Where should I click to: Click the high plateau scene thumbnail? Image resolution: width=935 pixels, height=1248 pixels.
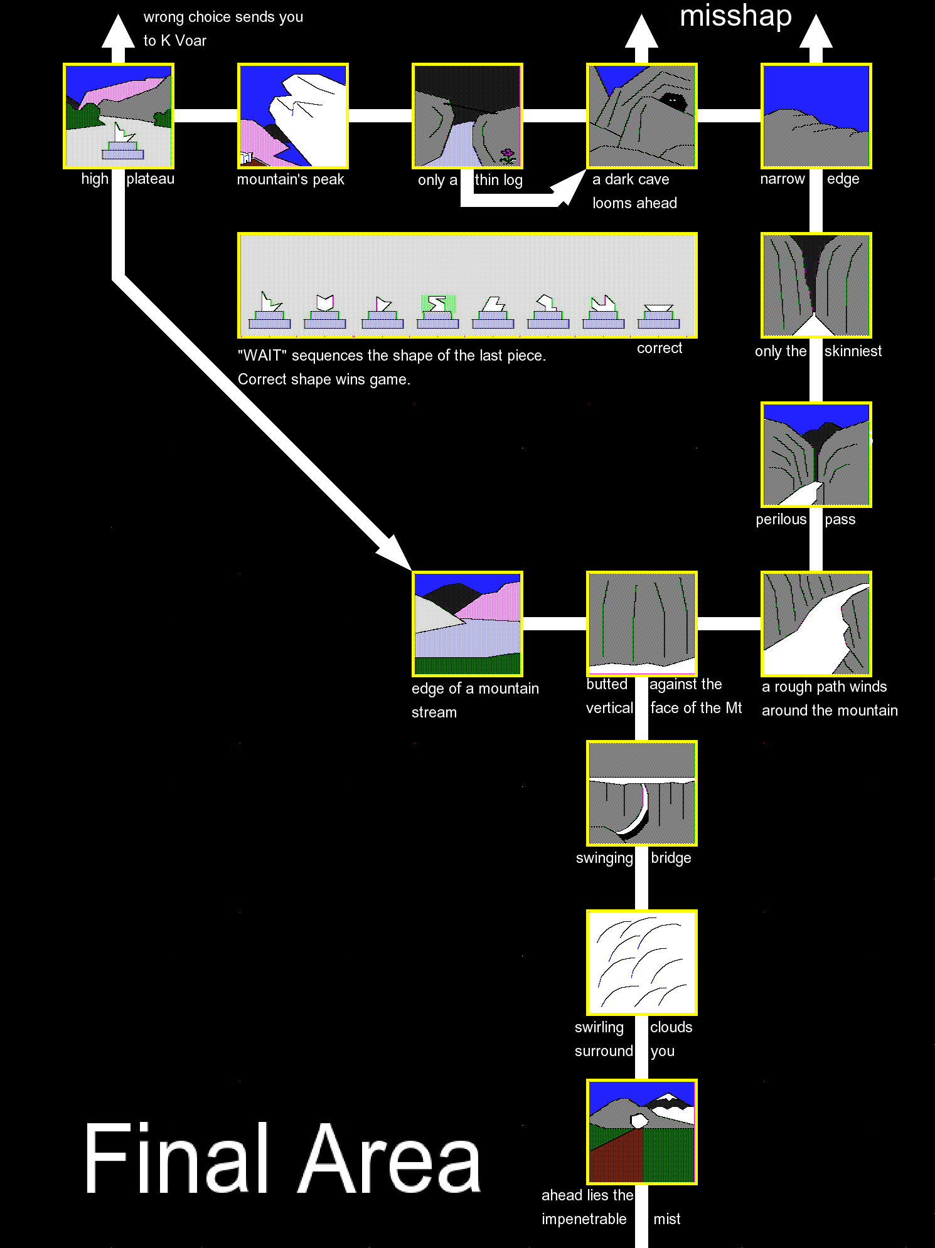click(x=119, y=116)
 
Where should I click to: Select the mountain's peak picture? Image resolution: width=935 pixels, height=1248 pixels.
click(x=292, y=116)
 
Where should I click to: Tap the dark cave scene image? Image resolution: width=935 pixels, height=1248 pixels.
click(x=641, y=116)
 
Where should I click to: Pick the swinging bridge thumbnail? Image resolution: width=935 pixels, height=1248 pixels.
click(x=641, y=793)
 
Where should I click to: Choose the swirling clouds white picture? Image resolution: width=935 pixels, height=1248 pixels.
click(x=641, y=963)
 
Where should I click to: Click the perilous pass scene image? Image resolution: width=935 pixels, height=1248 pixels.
click(x=816, y=455)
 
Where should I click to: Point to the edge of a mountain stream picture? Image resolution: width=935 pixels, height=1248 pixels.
click(x=467, y=624)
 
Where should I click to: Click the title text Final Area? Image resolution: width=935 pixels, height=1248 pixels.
click(x=282, y=1159)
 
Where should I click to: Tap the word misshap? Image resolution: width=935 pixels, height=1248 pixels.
click(x=735, y=16)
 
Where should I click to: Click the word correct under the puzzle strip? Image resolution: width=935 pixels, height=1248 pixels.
click(x=659, y=349)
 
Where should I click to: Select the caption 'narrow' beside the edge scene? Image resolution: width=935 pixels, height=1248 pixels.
click(x=782, y=179)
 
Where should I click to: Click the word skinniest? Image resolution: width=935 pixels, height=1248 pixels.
click(x=853, y=351)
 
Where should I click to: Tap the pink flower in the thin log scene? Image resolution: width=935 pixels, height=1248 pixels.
click(x=507, y=154)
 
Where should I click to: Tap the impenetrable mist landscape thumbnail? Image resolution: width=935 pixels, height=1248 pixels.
click(x=641, y=1132)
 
